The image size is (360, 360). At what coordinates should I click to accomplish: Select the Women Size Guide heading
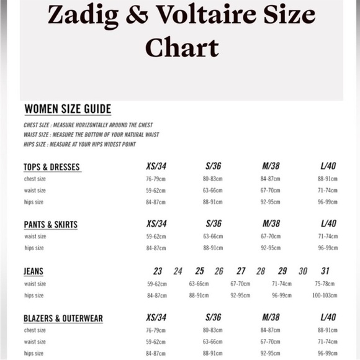tap(68, 109)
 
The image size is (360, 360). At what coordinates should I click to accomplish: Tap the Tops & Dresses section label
tap(52, 167)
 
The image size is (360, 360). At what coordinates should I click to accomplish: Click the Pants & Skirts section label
tap(51, 224)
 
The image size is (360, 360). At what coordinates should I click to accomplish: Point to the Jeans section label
tap(34, 271)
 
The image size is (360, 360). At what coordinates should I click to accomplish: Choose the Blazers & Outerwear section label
tap(63, 318)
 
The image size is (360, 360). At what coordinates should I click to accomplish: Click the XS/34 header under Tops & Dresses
tap(156, 166)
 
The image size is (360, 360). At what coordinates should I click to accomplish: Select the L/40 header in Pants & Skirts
tap(328, 223)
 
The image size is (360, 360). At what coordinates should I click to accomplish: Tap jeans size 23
tap(158, 271)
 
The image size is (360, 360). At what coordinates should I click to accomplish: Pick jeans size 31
tap(325, 271)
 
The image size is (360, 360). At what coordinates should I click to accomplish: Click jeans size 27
tap(241, 271)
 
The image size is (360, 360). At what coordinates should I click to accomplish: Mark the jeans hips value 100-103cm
tap(325, 295)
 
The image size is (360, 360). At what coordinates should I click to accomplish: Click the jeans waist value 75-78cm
tap(325, 284)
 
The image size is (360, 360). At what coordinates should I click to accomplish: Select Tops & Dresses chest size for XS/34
tap(156, 179)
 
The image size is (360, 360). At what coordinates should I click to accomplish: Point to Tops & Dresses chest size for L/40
tap(328, 179)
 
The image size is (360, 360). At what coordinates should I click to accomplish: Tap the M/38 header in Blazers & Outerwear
tap(271, 318)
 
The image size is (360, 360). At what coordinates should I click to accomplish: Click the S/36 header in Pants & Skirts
tap(213, 223)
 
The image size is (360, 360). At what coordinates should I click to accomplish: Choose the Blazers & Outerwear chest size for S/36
tap(213, 330)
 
